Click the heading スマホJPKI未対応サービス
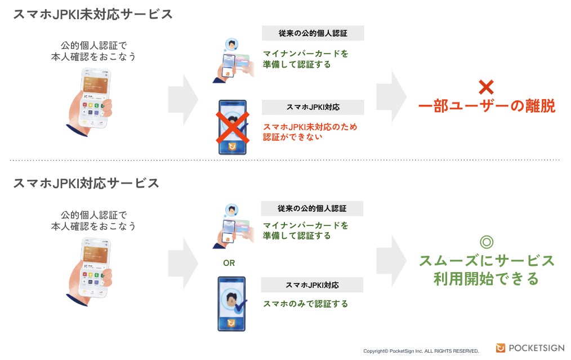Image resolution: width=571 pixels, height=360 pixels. [92, 15]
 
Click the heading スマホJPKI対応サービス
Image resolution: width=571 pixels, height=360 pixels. [86, 183]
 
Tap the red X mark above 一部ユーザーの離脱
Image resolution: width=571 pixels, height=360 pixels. [486, 87]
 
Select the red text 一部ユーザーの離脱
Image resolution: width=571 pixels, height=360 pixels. [487, 106]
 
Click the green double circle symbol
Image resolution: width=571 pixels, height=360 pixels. [486, 242]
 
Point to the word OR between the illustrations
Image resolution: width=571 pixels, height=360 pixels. [229, 263]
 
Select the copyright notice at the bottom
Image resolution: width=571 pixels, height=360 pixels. [421, 351]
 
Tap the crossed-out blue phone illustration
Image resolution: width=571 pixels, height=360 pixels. [233, 127]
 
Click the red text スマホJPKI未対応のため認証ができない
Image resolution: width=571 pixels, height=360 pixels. [310, 131]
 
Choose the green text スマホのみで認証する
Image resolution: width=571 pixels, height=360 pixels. [305, 304]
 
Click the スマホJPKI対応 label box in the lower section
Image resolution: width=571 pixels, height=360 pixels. [313, 285]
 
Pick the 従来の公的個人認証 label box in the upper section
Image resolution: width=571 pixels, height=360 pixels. [313, 33]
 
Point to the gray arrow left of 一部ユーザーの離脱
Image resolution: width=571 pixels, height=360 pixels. [391, 96]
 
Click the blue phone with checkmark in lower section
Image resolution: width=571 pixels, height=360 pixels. [232, 304]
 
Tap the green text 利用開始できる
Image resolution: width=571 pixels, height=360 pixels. [486, 279]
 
